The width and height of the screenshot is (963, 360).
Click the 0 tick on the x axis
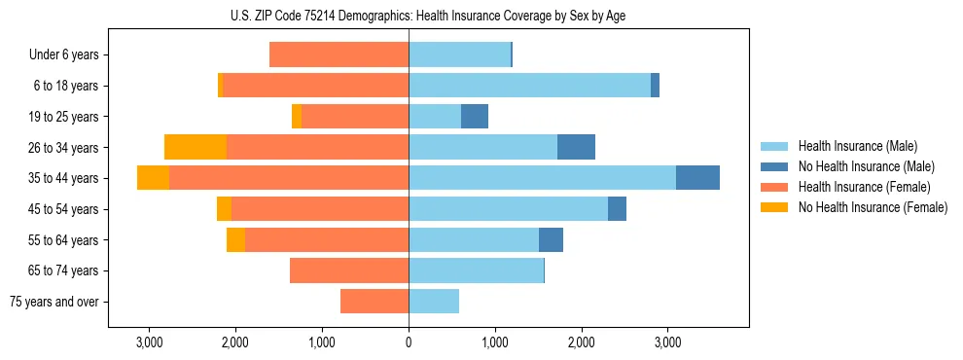pos(409,342)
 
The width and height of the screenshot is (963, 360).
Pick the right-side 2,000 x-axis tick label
pos(581,342)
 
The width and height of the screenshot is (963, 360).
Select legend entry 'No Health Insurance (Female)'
pos(873,207)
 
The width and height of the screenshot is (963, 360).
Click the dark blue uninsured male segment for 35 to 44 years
pos(697,178)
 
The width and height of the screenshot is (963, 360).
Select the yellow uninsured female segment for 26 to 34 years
pos(196,147)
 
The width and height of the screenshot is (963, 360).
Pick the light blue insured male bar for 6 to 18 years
pos(529,86)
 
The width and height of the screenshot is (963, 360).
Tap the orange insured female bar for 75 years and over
pos(374,302)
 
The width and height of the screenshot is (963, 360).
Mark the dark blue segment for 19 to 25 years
pos(475,117)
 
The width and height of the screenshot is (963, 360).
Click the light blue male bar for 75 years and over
pos(434,302)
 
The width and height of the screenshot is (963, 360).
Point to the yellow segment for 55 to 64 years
pos(235,239)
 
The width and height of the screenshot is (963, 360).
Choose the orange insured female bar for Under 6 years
pos(339,55)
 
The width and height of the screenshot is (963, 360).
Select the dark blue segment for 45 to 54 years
pos(617,209)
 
